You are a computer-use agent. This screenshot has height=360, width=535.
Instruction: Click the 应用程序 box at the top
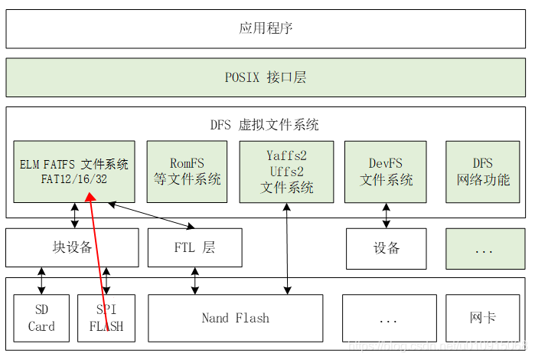pos(266,28)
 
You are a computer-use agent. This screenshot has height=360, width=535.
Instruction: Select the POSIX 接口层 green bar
pos(266,77)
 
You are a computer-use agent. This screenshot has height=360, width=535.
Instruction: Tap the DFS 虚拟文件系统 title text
pos(265,124)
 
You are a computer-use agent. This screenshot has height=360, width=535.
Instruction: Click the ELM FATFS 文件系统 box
pos(74,172)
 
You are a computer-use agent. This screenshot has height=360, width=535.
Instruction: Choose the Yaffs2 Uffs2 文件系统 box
pos(286,172)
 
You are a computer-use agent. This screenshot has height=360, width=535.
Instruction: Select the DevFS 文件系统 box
pos(386,172)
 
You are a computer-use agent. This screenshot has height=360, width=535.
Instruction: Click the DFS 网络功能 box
pos(483,172)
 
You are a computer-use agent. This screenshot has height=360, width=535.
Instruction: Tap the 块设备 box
pos(72,247)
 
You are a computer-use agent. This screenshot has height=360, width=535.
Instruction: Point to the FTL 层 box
pos(194,247)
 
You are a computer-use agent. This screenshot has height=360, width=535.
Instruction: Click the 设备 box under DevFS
pos(386,248)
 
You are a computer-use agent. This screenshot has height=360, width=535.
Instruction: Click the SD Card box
pos(41,318)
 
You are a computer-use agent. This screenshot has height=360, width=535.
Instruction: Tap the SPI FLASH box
pos(106,318)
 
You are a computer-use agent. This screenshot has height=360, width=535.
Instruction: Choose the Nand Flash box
pos(235,318)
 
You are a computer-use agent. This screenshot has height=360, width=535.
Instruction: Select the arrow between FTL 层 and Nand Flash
pos(195,280)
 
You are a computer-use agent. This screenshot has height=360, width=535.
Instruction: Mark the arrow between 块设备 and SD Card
pos(41,280)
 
